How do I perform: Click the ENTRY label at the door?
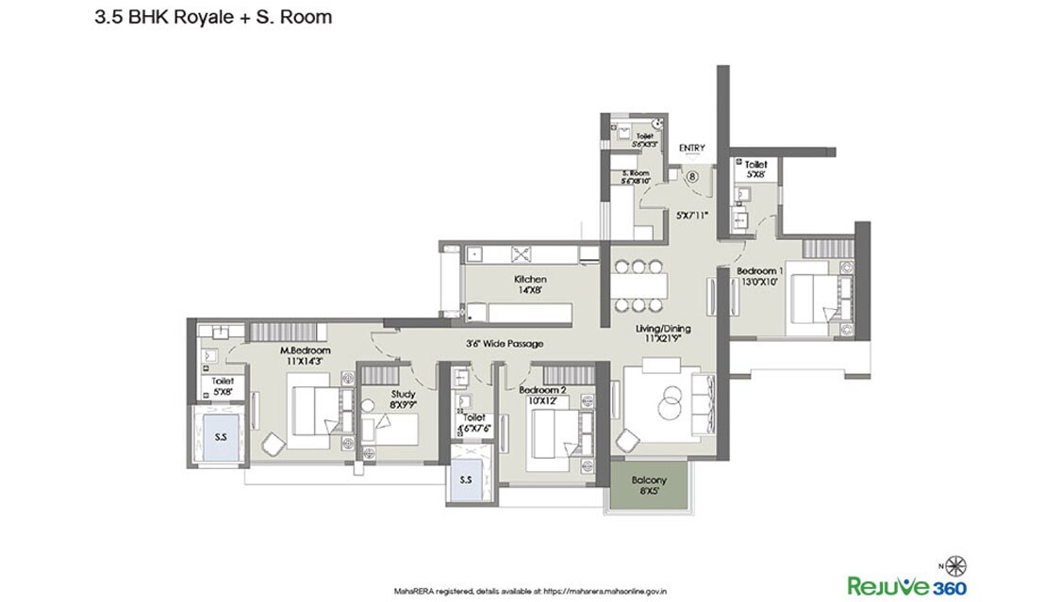click(691, 148)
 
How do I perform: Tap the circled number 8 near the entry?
click(691, 175)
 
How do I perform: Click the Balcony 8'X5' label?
click(649, 486)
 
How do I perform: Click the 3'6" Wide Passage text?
click(505, 344)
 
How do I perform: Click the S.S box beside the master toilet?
click(221, 437)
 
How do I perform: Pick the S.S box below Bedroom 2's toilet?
click(466, 480)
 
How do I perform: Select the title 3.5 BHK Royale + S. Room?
click(213, 17)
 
